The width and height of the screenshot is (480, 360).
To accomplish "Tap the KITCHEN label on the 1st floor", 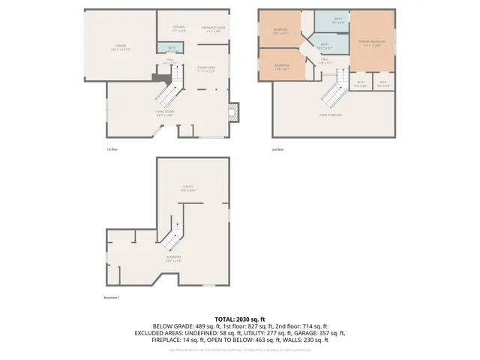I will pyautogui.click(x=178, y=30).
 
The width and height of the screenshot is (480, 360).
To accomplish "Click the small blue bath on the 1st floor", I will pyautogui.click(x=172, y=49).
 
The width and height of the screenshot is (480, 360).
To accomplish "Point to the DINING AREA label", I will pyautogui.click(x=206, y=70).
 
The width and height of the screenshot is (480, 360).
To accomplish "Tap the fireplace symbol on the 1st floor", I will pyautogui.click(x=233, y=111).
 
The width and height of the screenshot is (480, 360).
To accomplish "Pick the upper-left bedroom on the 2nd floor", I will pyautogui.click(x=280, y=31).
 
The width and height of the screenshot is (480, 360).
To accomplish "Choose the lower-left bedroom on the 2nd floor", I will pyautogui.click(x=281, y=66).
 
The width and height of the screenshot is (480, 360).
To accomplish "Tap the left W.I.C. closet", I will pyautogui.click(x=361, y=83).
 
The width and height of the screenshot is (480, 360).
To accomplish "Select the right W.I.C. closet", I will pyautogui.click(x=383, y=83).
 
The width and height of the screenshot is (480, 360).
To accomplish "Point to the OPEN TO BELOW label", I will pyautogui.click(x=331, y=115).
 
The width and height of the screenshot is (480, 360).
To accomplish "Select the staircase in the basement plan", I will pyautogui.click(x=171, y=238).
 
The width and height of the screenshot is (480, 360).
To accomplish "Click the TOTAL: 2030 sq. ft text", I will pyautogui.click(x=239, y=319).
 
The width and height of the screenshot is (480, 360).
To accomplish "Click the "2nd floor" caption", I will pyautogui.click(x=277, y=149).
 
